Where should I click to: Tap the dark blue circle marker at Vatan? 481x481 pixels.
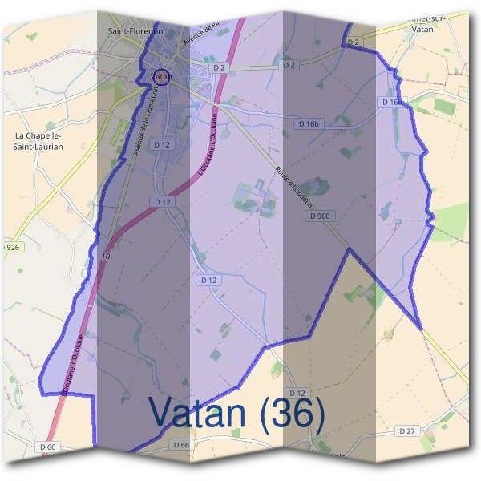[161, 76]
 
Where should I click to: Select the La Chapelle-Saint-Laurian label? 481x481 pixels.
[38, 141]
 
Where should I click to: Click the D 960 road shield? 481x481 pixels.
[318, 216]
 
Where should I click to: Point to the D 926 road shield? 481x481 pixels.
[10, 248]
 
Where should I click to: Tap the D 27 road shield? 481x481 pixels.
[408, 430]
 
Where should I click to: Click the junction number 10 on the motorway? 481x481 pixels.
[106, 257]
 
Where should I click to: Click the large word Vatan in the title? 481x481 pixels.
[196, 413]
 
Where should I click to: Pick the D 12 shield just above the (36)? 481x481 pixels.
[297, 392]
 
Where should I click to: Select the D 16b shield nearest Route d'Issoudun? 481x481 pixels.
[308, 124]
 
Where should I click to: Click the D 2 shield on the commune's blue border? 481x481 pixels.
[355, 41]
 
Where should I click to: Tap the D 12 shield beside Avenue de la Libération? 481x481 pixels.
[162, 144]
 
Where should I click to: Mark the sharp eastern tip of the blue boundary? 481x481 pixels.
[421, 327]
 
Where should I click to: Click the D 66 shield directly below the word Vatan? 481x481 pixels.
[180, 444]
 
